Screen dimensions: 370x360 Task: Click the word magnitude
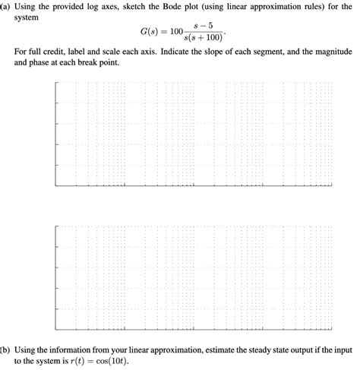point(333,52)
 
